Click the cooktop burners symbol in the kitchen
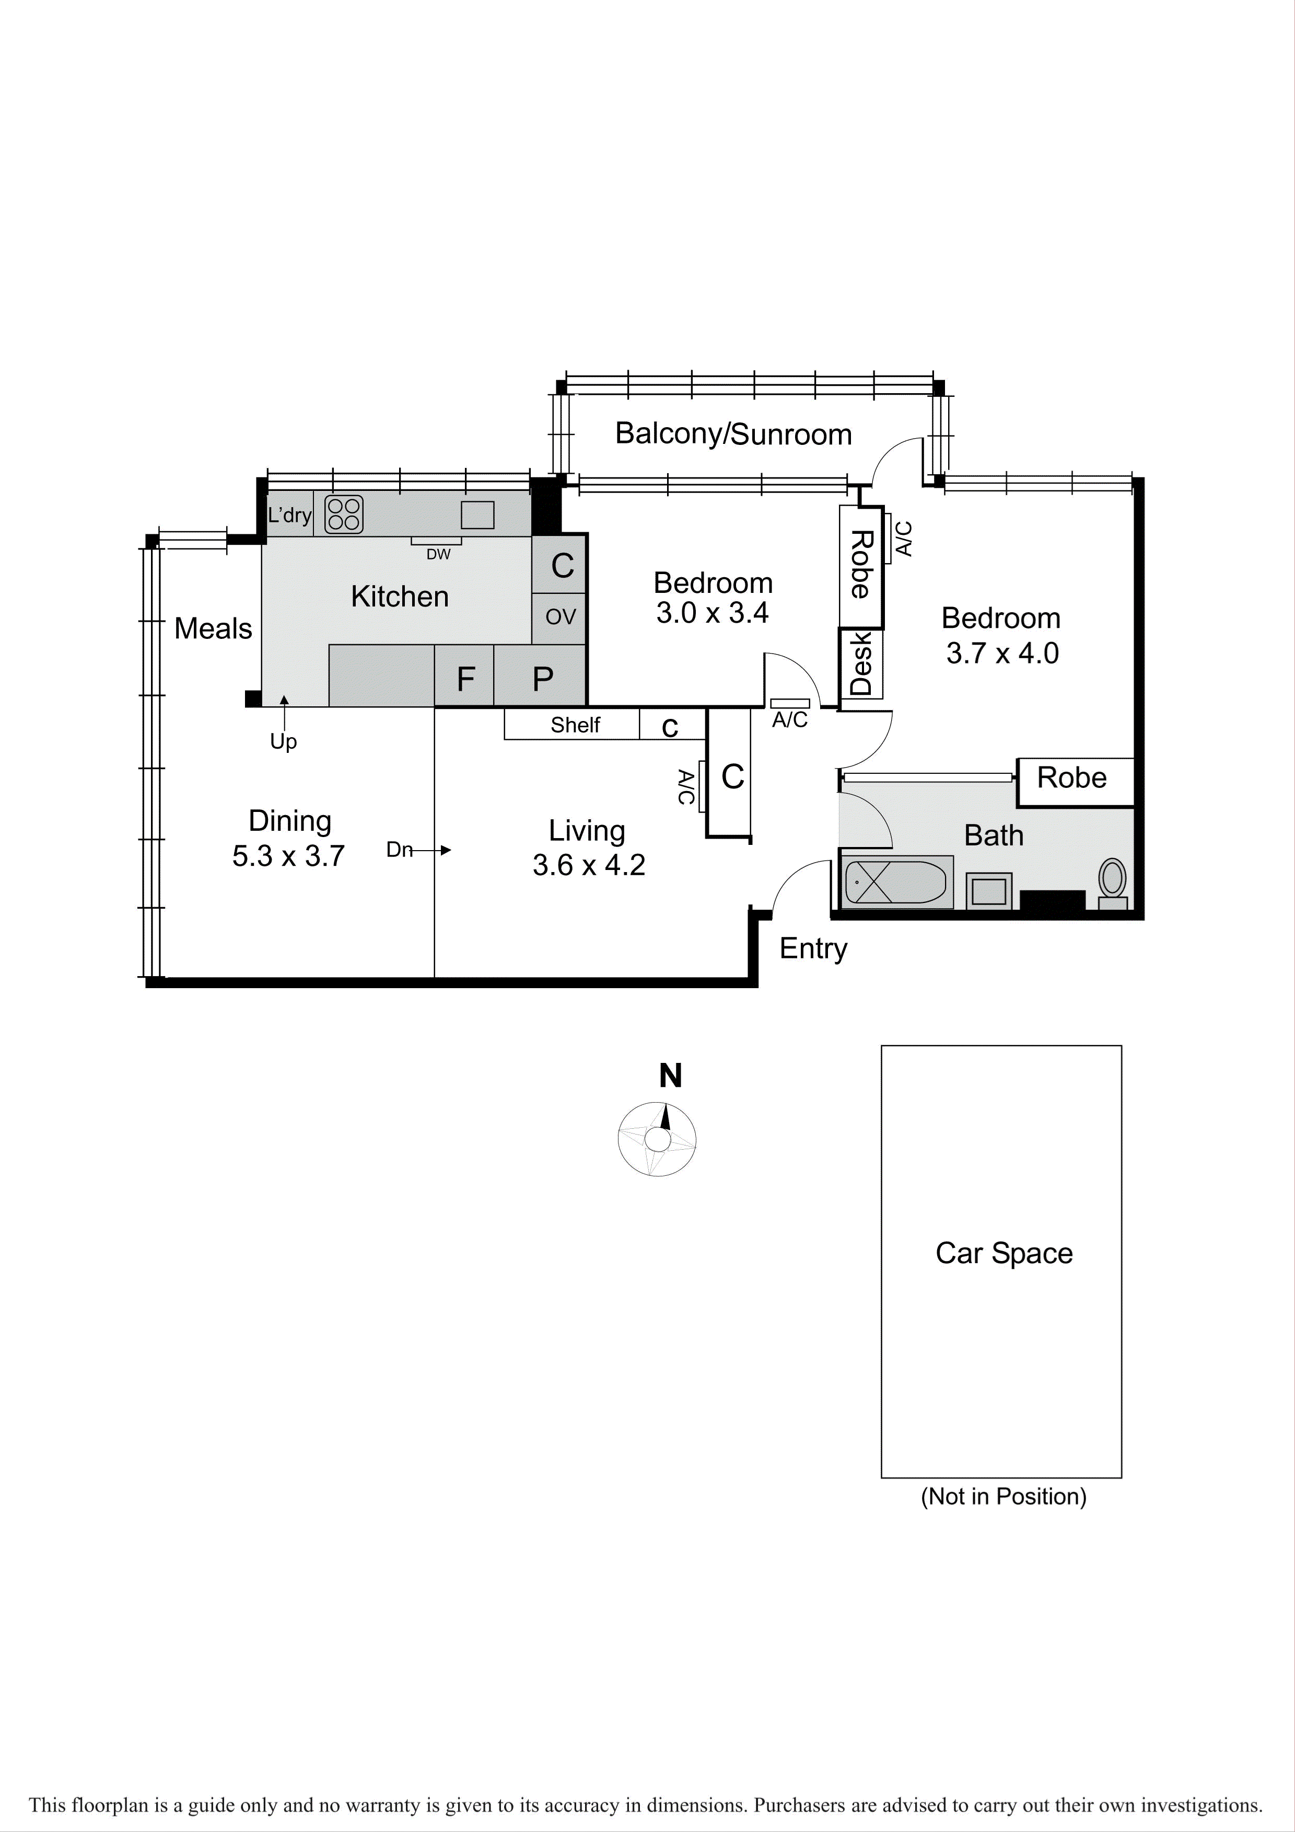tap(344, 514)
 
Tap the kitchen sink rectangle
tap(477, 514)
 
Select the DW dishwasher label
tap(438, 554)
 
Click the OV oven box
tap(560, 617)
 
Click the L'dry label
tap(289, 514)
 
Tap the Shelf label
tap(575, 725)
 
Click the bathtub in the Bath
tap(895, 883)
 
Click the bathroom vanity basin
tap(989, 890)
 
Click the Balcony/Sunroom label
tap(733, 434)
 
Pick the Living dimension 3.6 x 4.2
tap(589, 865)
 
